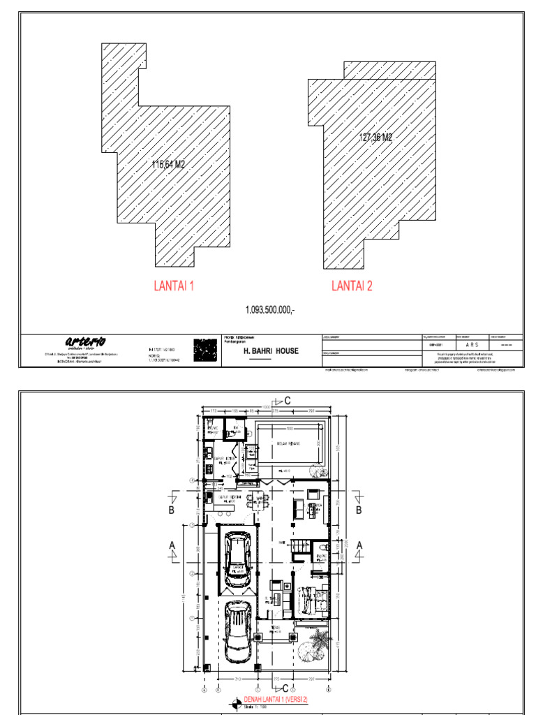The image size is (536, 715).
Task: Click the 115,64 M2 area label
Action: [168, 165]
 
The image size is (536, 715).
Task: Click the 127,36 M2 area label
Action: [375, 138]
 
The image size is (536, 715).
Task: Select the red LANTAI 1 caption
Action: [174, 286]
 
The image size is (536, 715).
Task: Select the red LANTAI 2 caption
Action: [352, 286]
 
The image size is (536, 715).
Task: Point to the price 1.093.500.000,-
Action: [270, 309]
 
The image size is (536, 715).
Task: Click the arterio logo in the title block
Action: [85, 341]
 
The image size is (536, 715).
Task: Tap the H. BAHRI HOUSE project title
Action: [270, 351]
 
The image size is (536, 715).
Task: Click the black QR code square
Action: [205, 349]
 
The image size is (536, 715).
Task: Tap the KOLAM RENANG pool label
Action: [288, 444]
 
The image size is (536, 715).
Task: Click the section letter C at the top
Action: [288, 401]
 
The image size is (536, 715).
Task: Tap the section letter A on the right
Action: [360, 545]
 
